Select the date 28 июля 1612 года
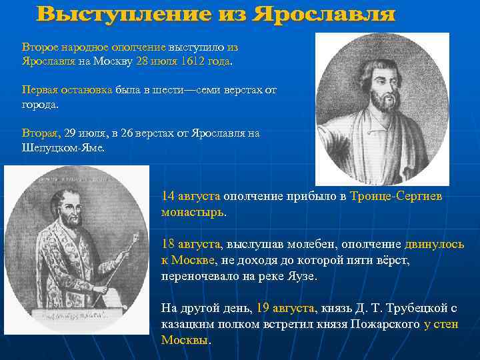[183, 61]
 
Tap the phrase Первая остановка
[67, 90]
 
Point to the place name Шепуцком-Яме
[63, 147]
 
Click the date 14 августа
[191, 197]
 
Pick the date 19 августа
[284, 308]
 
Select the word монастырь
[193, 213]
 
